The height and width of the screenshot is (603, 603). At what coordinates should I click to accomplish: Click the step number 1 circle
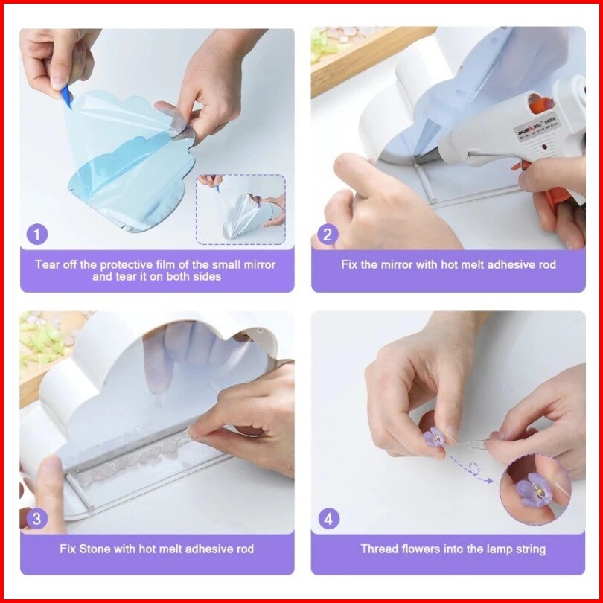37,234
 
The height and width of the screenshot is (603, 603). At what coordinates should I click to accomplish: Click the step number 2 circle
328,234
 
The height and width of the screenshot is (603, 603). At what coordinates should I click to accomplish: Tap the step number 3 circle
37,519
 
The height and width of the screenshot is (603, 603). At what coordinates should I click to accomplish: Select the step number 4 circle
329,519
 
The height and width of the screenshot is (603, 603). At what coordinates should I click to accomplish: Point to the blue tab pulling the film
66,97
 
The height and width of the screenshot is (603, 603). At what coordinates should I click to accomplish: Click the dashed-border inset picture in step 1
240,210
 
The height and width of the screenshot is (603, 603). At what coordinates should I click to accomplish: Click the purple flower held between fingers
434,437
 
